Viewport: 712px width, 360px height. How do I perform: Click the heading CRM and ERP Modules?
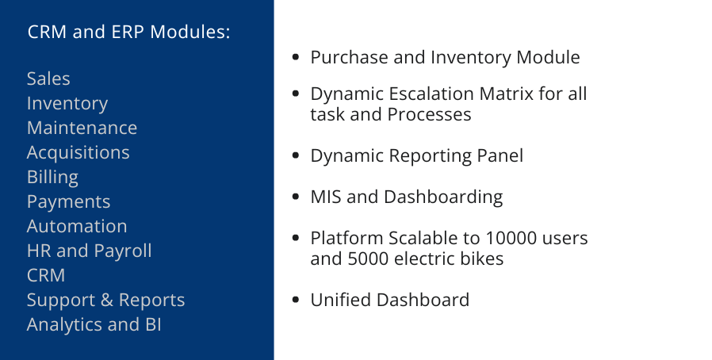129,32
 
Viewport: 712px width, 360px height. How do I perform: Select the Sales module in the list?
48,79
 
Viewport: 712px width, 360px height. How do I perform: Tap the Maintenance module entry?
82,128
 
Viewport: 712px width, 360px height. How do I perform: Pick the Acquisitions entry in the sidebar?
78,152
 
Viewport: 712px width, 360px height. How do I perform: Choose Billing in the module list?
52,177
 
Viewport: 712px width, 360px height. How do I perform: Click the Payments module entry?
68,201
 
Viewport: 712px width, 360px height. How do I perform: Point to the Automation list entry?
77,226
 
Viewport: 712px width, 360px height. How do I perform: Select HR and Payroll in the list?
90,251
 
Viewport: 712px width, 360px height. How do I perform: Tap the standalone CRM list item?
46,275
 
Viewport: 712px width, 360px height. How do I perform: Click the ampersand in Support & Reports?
107,300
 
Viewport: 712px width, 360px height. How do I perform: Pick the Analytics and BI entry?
94,324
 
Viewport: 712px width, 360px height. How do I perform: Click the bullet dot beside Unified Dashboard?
296,300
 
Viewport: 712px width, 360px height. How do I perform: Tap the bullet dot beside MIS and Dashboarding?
296,197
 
